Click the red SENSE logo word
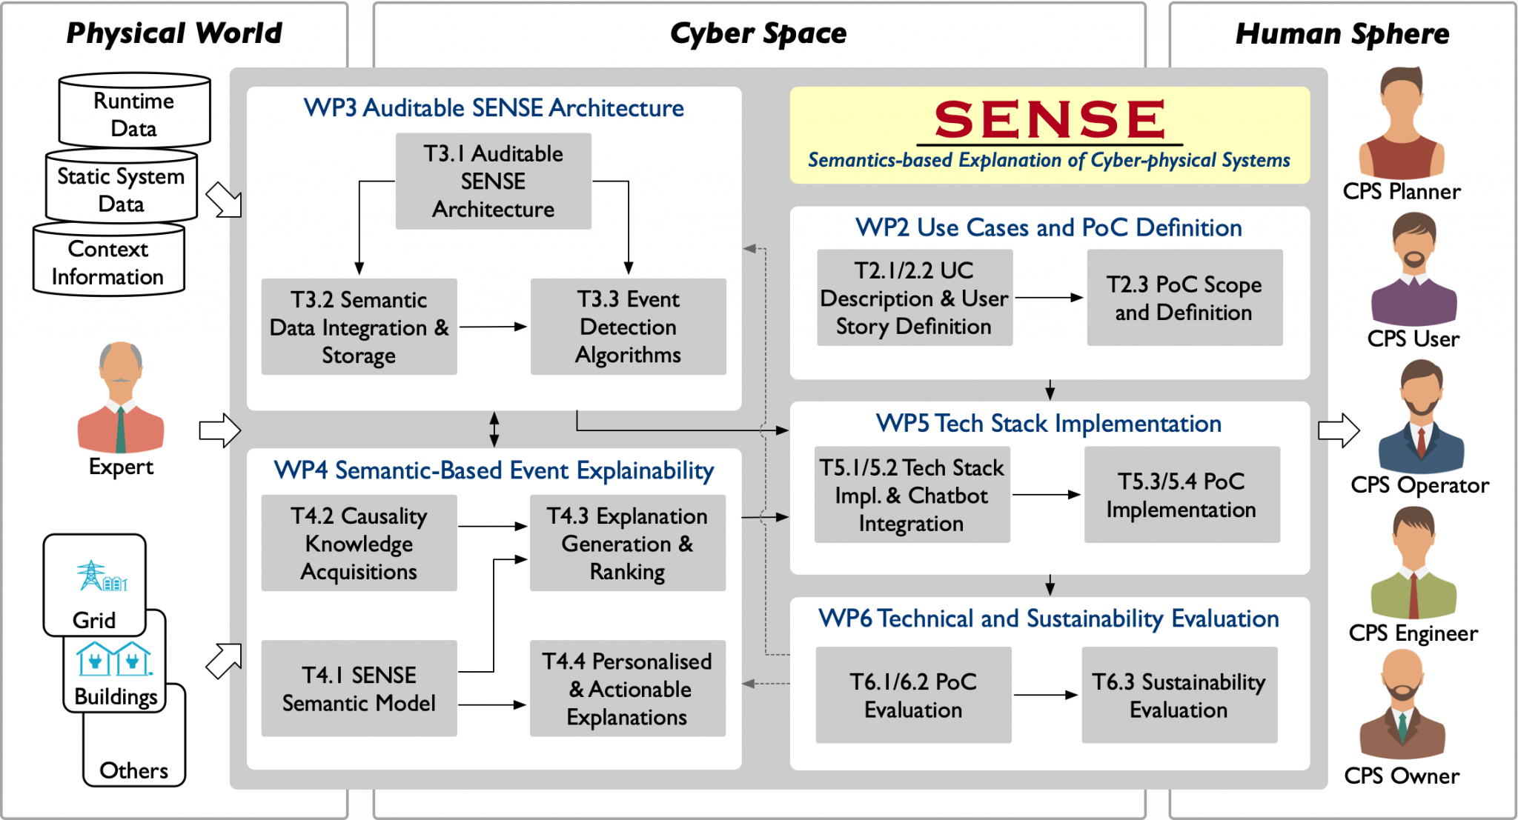[1050, 119]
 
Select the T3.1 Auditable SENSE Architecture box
[493, 181]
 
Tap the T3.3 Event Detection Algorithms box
[628, 327]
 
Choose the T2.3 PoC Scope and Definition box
[1184, 298]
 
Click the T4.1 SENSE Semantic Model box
[359, 688]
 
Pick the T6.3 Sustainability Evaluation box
[1179, 695]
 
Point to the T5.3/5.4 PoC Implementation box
[1181, 495]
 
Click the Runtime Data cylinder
[134, 111]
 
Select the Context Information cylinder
[108, 261]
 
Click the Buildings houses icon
[114, 659]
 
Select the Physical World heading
[174, 33]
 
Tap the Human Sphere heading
[1342, 34]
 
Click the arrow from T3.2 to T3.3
[493, 327]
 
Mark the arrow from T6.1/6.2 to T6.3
[1046, 695]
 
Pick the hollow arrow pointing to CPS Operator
[1339, 430]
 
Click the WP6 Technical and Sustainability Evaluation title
[1049, 619]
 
